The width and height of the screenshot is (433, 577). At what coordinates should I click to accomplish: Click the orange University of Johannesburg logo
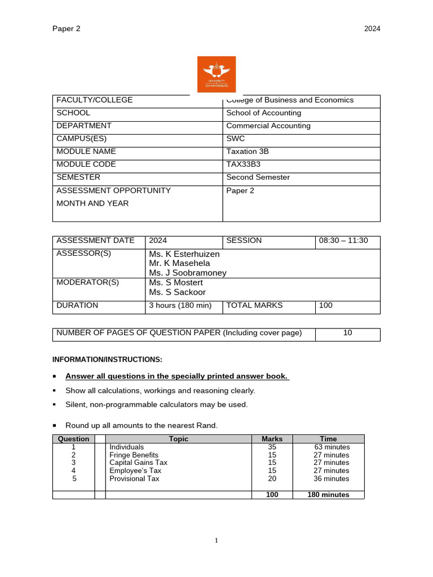pyautogui.click(x=216, y=74)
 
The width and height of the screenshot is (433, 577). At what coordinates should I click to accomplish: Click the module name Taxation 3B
pyautogui.click(x=246, y=152)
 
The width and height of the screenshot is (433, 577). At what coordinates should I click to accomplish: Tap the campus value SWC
pyautogui.click(x=235, y=139)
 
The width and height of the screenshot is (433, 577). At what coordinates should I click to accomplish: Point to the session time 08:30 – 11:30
pyautogui.click(x=343, y=241)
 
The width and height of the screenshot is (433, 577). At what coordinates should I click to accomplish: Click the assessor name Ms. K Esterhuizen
pyautogui.click(x=184, y=254)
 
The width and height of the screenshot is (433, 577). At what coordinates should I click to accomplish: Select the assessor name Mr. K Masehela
pyautogui.click(x=179, y=263)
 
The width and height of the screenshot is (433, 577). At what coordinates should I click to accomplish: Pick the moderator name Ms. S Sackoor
pyautogui.click(x=177, y=292)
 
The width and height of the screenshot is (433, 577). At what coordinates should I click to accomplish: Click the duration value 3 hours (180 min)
pyautogui.click(x=179, y=305)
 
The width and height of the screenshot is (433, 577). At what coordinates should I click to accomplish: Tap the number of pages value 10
pyautogui.click(x=347, y=333)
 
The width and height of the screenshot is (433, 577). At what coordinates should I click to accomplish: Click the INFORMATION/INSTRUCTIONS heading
pyautogui.click(x=107, y=359)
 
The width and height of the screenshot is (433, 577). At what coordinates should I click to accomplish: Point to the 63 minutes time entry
pyautogui.click(x=332, y=447)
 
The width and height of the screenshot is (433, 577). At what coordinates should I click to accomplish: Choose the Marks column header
pyautogui.click(x=272, y=439)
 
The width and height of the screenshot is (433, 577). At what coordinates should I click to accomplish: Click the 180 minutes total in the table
pyautogui.click(x=328, y=495)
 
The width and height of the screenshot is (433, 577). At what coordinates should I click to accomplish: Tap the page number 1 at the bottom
pyautogui.click(x=216, y=541)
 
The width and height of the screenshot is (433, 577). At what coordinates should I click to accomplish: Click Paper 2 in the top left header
pyautogui.click(x=67, y=29)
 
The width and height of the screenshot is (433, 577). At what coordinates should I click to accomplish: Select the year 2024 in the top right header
pyautogui.click(x=372, y=29)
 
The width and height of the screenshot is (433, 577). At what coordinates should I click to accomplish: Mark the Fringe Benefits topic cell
pyautogui.click(x=134, y=455)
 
